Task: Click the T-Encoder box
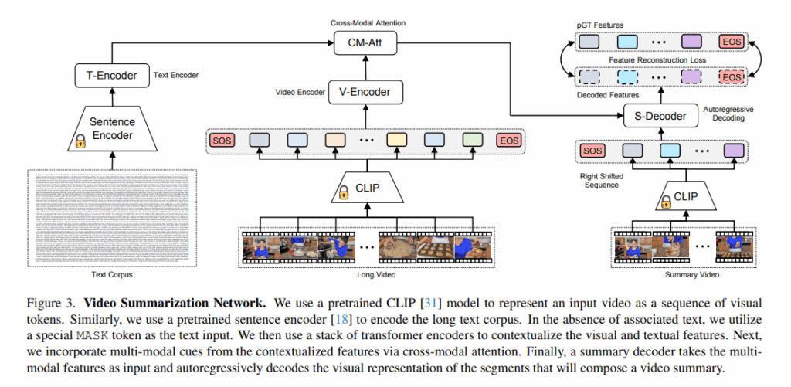[112, 75]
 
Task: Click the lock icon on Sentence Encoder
[79, 141]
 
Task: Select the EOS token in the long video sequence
[510, 141]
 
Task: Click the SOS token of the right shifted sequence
[592, 151]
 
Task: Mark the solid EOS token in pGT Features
[731, 42]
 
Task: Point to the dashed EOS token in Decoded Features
[731, 77]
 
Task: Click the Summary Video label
[670, 275]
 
